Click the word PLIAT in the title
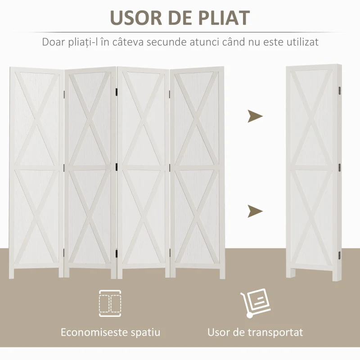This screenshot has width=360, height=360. point(224,18)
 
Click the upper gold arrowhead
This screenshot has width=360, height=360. point(255,116)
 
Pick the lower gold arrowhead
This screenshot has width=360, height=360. point(255,211)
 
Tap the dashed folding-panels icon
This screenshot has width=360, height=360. point(110,303)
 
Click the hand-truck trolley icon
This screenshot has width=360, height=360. point(255,303)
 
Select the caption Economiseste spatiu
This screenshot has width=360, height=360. point(110,332)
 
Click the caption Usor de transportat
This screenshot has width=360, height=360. point(255,333)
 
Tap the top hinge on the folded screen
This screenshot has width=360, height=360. point(340,91)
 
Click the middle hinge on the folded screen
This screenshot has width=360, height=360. point(340,167)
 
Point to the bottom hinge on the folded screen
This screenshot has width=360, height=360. point(340,255)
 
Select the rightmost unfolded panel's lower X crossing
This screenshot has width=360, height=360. point(197,216)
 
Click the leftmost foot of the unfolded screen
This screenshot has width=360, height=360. point(12,273)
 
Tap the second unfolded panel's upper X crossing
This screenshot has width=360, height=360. point(90,119)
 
